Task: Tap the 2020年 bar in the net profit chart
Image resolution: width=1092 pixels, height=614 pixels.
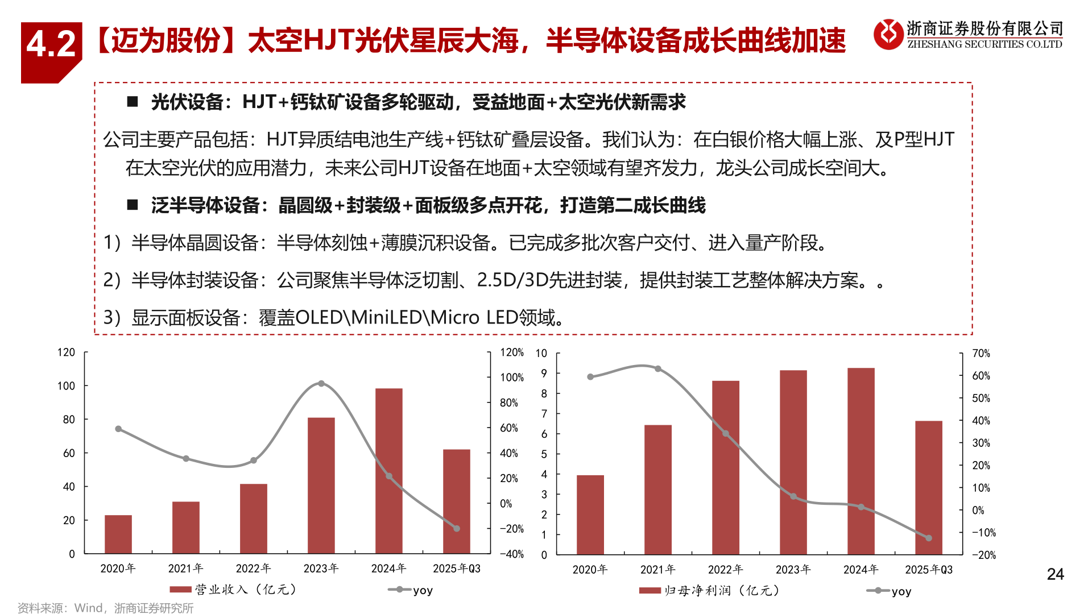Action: (590, 515)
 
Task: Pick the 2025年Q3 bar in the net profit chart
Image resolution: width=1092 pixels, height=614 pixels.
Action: (928, 487)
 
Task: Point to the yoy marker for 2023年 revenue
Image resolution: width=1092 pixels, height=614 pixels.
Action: (321, 384)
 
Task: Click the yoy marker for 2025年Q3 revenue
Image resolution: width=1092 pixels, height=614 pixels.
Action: (457, 529)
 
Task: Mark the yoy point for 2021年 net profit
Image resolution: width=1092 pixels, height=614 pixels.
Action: (658, 369)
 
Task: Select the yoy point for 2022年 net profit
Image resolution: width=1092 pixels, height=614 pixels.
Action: (726, 434)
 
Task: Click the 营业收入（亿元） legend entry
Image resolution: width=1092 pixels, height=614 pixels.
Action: (233, 590)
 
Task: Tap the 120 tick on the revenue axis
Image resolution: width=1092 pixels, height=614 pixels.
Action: (66, 352)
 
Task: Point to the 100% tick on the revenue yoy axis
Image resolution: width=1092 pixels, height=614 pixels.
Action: (511, 377)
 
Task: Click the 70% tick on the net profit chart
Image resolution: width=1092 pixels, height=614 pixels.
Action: (981, 354)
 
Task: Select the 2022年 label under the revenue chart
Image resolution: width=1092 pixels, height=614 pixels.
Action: (253, 569)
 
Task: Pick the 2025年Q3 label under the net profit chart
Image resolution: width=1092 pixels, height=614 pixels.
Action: (928, 570)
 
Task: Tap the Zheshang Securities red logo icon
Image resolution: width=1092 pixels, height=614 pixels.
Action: (888, 34)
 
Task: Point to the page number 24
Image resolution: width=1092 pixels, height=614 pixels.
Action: (1055, 574)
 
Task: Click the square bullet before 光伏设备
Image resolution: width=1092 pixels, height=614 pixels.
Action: (133, 102)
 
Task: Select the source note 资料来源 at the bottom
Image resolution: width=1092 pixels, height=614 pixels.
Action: (105, 608)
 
